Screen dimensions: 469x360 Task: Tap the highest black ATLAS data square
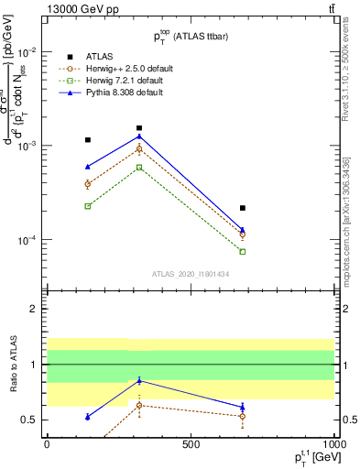[139, 128]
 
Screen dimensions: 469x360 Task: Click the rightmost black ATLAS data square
[243, 208]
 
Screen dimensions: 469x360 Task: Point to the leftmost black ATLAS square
[88, 140]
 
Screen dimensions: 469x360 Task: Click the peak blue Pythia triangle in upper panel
[139, 136]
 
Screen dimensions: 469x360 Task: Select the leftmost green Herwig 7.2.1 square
[88, 206]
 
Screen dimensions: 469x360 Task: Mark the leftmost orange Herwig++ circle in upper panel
[88, 184]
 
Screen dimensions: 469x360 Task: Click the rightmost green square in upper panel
[243, 251]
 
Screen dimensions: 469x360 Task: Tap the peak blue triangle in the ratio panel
[139, 380]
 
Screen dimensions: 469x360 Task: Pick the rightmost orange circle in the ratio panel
[243, 416]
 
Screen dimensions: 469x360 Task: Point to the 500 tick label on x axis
[191, 443]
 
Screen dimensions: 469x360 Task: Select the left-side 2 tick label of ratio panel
[33, 310]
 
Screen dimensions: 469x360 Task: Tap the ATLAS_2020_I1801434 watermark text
[191, 274]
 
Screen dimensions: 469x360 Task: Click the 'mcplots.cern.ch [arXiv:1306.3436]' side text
[346, 211]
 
